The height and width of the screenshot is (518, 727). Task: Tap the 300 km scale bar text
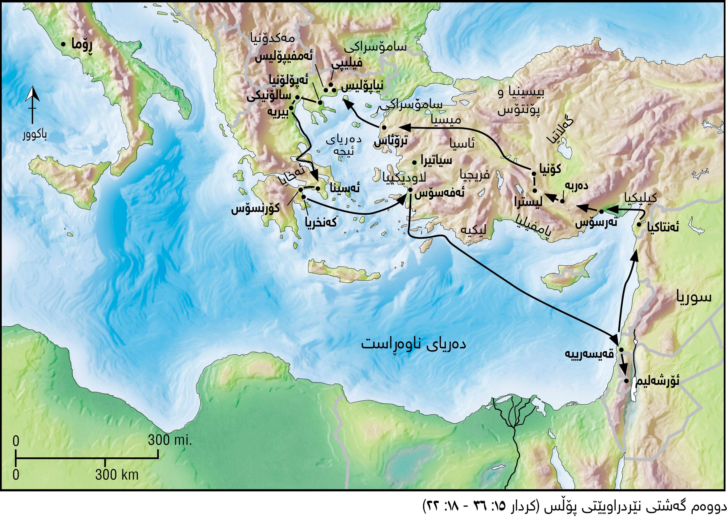117,475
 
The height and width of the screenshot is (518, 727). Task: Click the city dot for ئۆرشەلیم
626,381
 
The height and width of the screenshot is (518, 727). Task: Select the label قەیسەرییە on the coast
590,354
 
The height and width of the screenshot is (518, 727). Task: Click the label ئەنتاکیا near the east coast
663,228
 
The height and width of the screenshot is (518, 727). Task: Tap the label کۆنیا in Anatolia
550,169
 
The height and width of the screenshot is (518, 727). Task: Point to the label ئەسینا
345,188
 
